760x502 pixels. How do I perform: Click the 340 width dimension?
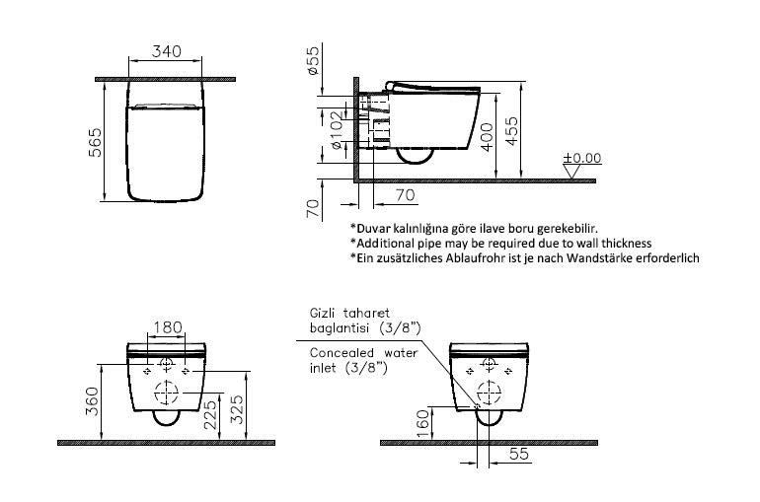point(166,51)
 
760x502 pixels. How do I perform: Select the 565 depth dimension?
point(96,142)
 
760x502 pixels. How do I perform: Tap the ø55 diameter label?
point(314,60)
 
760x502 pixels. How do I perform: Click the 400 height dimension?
point(487,137)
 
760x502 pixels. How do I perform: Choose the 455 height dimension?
point(511,131)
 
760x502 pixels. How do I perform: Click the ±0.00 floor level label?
point(581,158)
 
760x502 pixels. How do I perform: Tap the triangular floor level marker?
point(572,172)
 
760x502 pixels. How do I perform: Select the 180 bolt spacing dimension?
point(168,327)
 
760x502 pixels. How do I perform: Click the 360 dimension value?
point(92,400)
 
